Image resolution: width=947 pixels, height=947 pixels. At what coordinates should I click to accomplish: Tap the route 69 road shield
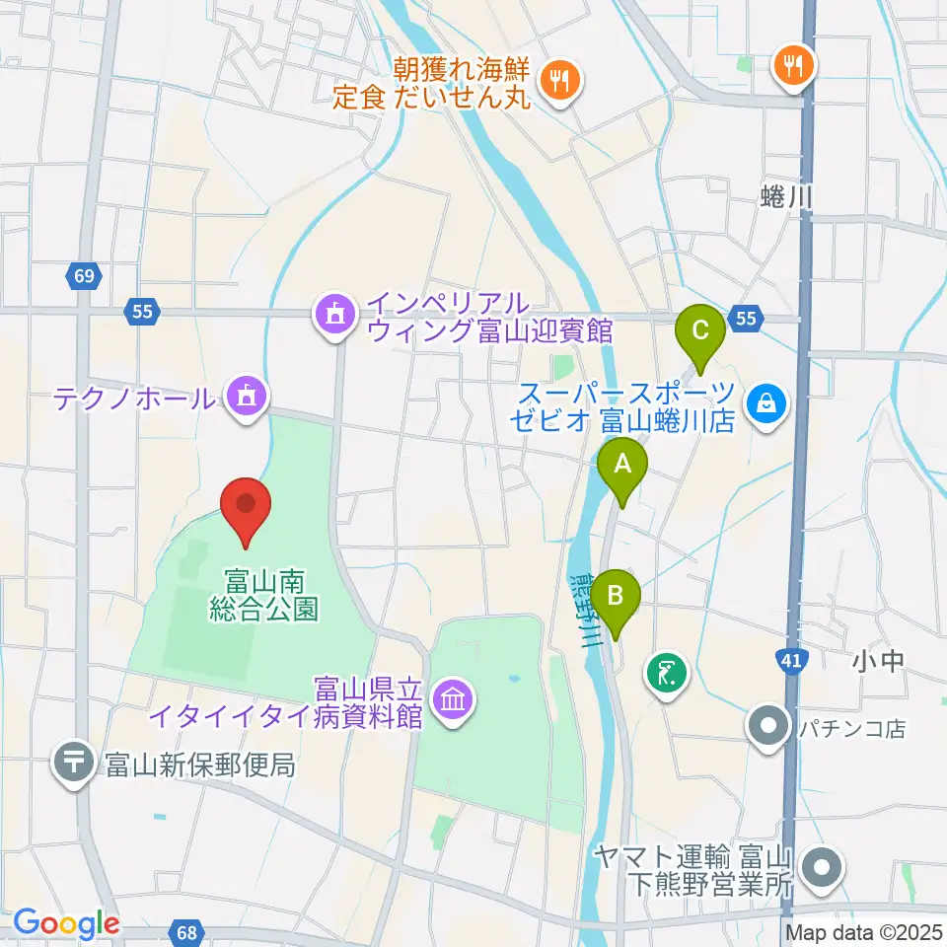coord(84,277)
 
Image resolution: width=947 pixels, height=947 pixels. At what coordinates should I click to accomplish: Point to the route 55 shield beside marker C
coord(746,318)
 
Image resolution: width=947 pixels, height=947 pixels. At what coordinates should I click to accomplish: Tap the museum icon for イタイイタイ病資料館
coord(453,701)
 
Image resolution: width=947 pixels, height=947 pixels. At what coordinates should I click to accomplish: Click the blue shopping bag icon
coord(765,401)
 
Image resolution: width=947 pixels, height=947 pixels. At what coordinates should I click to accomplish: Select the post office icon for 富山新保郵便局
coord(74,763)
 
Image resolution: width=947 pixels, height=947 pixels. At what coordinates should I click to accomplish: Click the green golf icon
coord(666,675)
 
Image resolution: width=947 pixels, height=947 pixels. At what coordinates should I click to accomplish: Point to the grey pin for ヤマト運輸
coord(820,870)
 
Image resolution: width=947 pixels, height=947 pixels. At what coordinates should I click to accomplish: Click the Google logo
coord(66,924)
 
